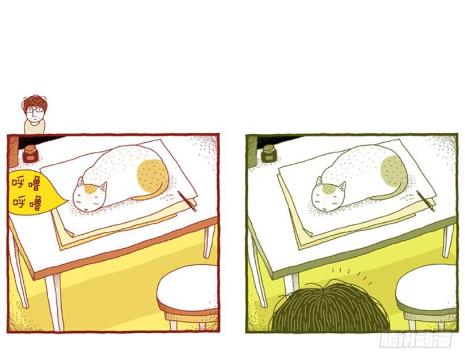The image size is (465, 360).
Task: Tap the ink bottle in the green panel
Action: click(268, 153)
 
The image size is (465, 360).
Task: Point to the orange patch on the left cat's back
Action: click(151, 173)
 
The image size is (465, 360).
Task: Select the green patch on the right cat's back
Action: click(391, 172)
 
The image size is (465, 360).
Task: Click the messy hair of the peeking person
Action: click(35, 100)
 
